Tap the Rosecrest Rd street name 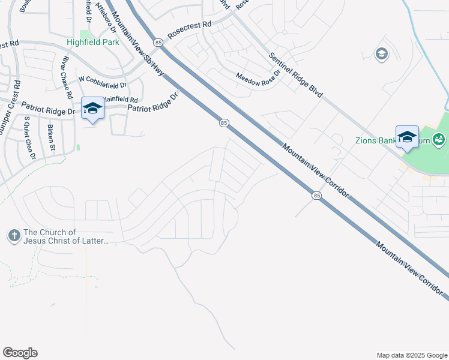point(190,31)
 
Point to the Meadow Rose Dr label point(258,76)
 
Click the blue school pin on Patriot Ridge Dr point(92,108)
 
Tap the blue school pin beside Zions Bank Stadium point(407,136)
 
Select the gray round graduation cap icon point(381,55)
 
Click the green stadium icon point(439,140)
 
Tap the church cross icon point(14,236)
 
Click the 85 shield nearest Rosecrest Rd point(158,43)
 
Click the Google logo point(20,353)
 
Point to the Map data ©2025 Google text point(411,355)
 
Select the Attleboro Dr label point(107,18)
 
